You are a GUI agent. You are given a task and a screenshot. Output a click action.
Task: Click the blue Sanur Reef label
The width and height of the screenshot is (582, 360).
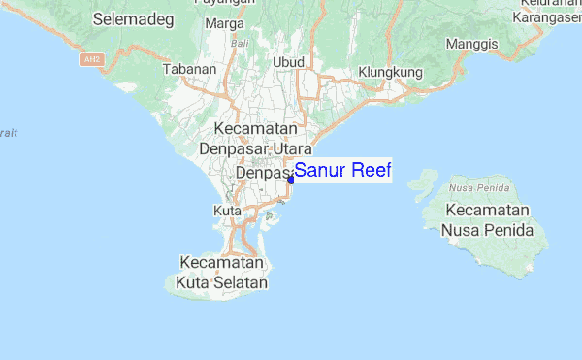click(342, 172)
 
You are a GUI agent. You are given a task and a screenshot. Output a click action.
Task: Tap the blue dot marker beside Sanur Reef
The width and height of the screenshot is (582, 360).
click(291, 179)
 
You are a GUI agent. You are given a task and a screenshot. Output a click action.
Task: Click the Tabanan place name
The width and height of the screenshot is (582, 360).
click(188, 70)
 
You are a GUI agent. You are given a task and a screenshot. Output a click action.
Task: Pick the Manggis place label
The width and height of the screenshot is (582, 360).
click(471, 44)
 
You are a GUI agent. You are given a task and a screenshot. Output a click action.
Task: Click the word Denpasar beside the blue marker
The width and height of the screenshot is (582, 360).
click(263, 173)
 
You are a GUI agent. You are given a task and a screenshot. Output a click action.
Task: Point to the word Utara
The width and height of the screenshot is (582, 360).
click(291, 149)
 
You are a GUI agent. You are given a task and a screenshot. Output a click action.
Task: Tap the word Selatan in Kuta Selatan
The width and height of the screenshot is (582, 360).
click(241, 282)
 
